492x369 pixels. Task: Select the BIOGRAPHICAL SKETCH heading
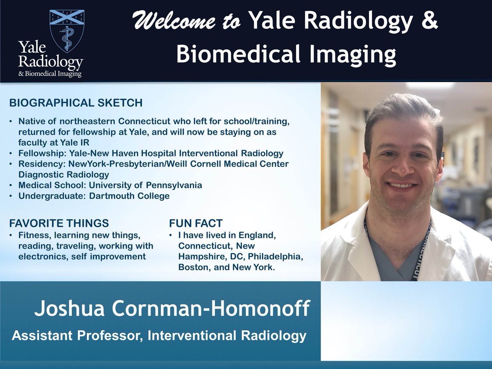[76, 103]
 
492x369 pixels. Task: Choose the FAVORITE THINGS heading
[59, 223]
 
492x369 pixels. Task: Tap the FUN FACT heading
[196, 223]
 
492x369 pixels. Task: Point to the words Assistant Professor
[77, 336]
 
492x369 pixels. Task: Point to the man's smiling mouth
[403, 185]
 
